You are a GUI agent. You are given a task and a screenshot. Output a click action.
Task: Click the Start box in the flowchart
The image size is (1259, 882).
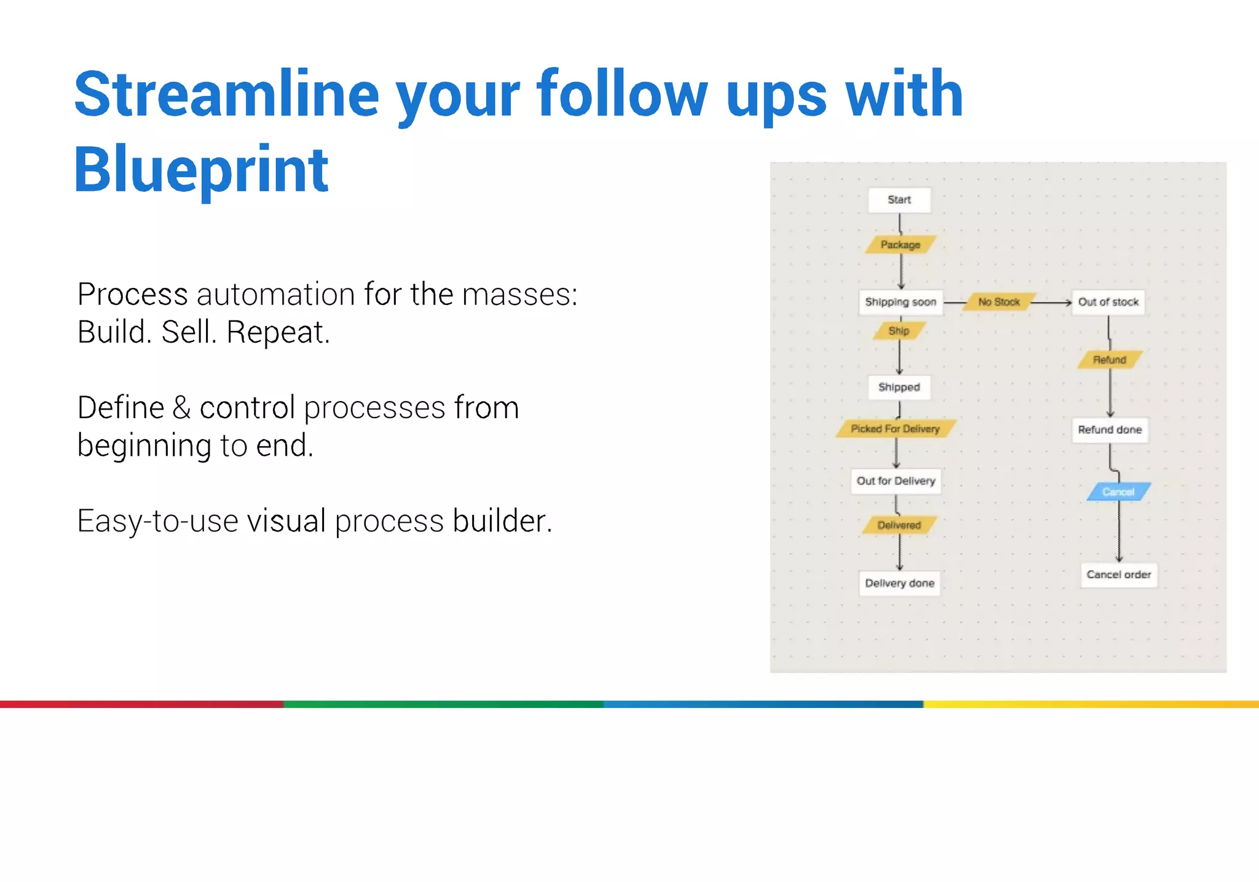point(899,200)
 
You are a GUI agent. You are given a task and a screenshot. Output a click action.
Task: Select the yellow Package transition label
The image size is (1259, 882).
point(900,245)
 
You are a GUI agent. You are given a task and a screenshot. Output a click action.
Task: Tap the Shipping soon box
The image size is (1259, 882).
point(900,302)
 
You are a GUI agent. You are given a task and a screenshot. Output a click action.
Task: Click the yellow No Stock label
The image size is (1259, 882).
point(998,302)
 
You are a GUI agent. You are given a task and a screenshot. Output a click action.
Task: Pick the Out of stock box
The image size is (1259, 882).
point(1108,302)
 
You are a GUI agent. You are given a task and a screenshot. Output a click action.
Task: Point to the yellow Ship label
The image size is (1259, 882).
point(899,331)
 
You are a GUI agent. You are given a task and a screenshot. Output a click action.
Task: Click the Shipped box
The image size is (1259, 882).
point(899,387)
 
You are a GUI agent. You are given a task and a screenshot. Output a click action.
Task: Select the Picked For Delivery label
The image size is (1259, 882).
point(895,429)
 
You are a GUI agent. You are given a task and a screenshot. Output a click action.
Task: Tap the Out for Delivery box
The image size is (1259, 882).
point(896,481)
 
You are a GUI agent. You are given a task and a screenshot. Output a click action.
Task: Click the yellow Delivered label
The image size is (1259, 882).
point(899,525)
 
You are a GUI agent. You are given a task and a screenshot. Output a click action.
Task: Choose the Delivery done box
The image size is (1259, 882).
point(899,583)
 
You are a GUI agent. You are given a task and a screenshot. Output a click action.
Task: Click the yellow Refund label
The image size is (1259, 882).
point(1110,360)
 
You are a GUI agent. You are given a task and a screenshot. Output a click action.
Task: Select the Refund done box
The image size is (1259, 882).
point(1110,430)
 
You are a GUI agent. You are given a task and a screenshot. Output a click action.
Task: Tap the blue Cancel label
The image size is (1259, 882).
point(1118,492)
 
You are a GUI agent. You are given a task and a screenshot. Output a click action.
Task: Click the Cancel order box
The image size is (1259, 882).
point(1118,574)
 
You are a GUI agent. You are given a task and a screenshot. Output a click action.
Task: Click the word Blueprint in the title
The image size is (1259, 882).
point(201,169)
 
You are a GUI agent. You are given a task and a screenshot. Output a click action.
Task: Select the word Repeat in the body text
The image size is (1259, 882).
point(278,332)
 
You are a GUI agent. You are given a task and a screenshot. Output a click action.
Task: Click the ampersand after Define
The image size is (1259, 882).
point(182,408)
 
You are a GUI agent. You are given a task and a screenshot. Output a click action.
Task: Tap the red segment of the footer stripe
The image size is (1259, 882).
point(141,704)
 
